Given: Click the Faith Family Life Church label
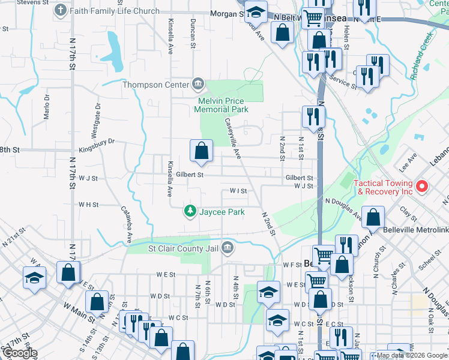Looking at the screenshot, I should [115, 11].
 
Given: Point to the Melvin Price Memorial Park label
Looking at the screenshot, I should [221, 105].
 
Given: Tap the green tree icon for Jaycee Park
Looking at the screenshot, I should [190, 212].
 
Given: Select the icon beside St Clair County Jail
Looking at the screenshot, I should [228, 247].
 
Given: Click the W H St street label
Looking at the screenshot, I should [88, 205].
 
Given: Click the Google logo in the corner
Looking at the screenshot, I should [19, 353].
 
